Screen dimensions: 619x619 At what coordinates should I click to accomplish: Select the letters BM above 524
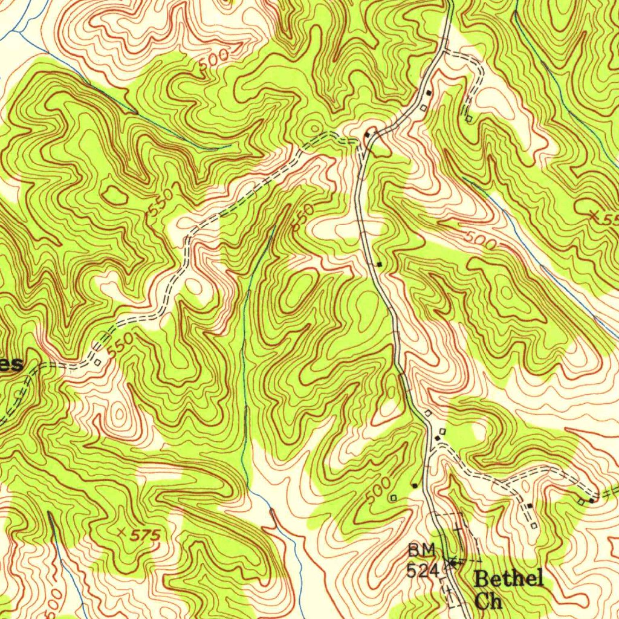(421, 551)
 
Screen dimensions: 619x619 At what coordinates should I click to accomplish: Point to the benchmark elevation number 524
(421, 569)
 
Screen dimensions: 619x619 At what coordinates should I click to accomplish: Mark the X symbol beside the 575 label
(124, 533)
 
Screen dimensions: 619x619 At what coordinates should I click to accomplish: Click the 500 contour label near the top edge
(213, 62)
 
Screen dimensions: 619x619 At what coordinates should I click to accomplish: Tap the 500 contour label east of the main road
(481, 240)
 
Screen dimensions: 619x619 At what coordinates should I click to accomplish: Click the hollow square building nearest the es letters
(97, 363)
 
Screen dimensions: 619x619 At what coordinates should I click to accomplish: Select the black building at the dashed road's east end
(592, 500)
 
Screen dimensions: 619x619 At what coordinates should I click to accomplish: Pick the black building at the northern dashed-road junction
(367, 134)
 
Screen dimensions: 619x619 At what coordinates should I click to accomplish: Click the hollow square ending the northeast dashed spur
(469, 118)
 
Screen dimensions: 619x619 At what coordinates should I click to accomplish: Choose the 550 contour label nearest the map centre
(303, 216)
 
